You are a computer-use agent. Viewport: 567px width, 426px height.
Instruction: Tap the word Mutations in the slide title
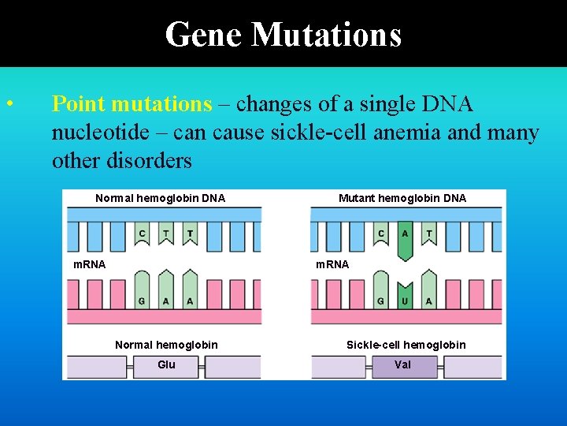tap(328, 35)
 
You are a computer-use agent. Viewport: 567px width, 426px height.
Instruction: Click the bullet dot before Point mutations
tap(9, 104)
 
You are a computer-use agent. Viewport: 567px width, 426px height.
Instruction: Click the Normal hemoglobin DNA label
tap(160, 198)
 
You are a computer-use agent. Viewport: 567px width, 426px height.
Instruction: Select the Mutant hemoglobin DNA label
tap(402, 198)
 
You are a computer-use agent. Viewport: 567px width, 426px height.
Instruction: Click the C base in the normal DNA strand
tap(142, 234)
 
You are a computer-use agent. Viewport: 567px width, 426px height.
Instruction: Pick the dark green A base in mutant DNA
tap(405, 237)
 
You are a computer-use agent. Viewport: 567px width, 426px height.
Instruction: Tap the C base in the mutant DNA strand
tap(381, 234)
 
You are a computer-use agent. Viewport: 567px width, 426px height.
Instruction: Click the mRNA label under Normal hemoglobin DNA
tap(89, 264)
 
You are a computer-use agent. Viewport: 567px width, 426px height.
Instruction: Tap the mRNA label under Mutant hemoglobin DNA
tap(332, 264)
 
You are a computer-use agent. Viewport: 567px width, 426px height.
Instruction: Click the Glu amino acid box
tap(166, 365)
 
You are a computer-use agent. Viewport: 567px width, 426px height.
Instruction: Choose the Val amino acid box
tap(402, 365)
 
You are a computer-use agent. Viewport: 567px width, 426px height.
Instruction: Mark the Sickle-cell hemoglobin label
tap(406, 345)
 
